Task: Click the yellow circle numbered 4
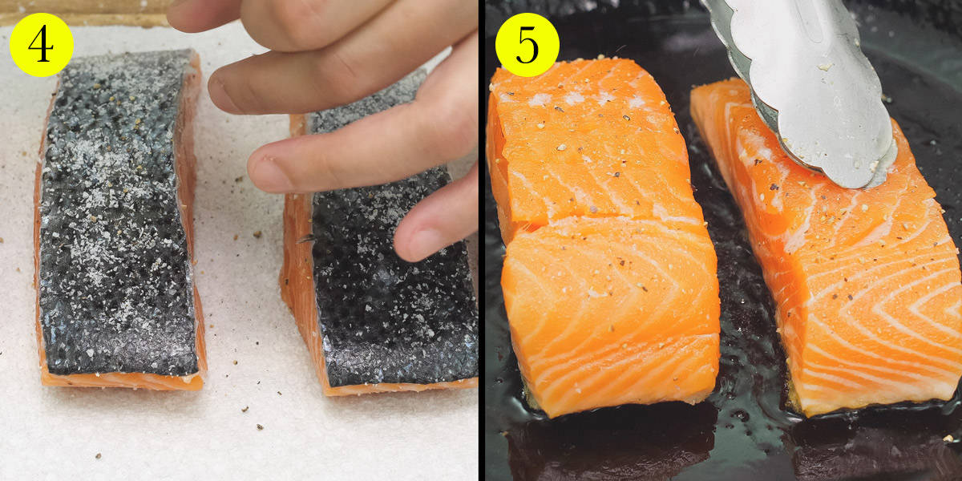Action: pos(42,45)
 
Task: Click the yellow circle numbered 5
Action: pos(527,45)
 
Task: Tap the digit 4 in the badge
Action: pos(41,45)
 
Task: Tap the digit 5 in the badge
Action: pos(527,45)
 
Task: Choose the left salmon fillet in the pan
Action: pos(601,236)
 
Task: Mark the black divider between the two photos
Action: pos(482,240)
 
